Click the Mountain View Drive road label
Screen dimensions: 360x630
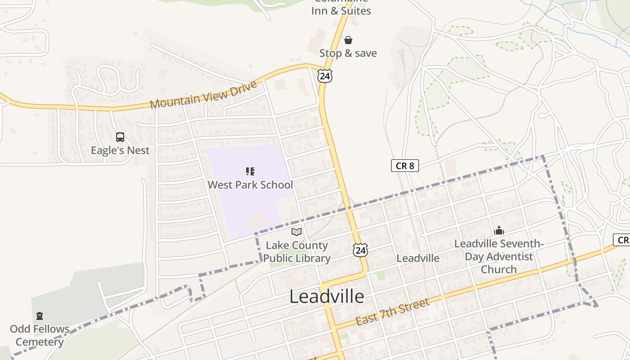pyautogui.click(x=203, y=95)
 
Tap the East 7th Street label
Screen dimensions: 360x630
pyautogui.click(x=392, y=312)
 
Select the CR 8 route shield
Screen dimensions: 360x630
pyautogui.click(x=405, y=166)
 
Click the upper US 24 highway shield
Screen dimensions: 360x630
pyautogui.click(x=324, y=76)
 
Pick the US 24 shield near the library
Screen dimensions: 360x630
pyautogui.click(x=360, y=250)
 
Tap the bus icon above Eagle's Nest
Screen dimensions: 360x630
pyautogui.click(x=120, y=137)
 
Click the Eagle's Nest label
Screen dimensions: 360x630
pyautogui.click(x=120, y=150)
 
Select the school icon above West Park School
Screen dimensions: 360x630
pyautogui.click(x=250, y=171)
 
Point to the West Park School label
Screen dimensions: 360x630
pyautogui.click(x=250, y=184)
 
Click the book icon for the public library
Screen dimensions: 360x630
pyautogui.click(x=297, y=232)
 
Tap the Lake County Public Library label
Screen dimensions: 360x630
pyautogui.click(x=297, y=252)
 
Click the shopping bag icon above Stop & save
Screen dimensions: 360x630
pyautogui.click(x=348, y=40)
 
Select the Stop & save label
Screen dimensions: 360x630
pyautogui.click(x=348, y=53)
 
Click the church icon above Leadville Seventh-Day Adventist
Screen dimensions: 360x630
pyautogui.click(x=499, y=231)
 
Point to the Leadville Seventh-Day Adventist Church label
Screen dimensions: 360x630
pyautogui.click(x=499, y=256)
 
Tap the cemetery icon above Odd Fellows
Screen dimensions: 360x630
pyautogui.click(x=40, y=316)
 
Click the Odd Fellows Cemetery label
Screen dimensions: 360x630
pyautogui.click(x=40, y=335)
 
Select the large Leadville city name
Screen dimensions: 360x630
pyautogui.click(x=327, y=297)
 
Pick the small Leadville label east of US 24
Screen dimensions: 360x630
pyautogui.click(x=418, y=258)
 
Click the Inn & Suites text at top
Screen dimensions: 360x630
pyautogui.click(x=341, y=10)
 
